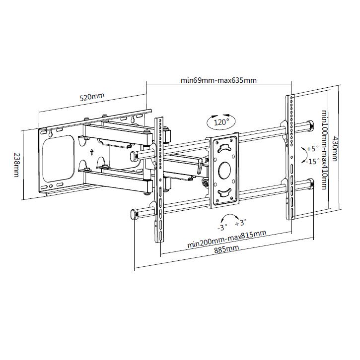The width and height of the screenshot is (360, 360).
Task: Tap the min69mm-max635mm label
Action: (x=218, y=80)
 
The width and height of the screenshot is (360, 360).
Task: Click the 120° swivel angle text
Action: (x=221, y=121)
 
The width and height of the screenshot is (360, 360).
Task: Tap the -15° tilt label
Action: (x=312, y=161)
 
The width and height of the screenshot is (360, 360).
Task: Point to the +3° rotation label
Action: (x=241, y=222)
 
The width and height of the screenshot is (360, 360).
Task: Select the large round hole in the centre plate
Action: (x=224, y=170)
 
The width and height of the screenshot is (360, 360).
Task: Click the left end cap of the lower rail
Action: (x=133, y=214)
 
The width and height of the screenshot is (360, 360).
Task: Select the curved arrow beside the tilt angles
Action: (x=302, y=155)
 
